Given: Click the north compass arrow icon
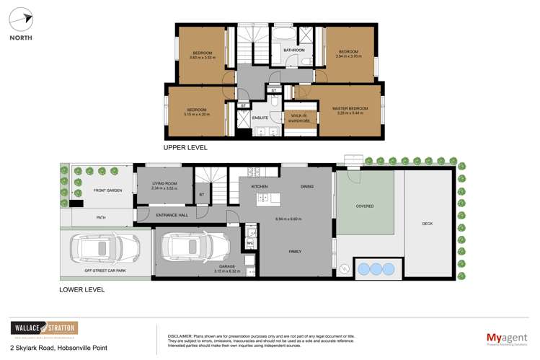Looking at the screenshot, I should click(21, 19).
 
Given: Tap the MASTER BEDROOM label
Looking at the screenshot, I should click(350, 108).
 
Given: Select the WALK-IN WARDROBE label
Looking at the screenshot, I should click(298, 118).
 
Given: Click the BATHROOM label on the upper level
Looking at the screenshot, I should click(294, 51).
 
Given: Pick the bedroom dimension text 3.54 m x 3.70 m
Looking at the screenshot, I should click(348, 56).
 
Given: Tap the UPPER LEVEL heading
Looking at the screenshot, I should click(185, 147).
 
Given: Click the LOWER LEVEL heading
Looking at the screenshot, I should click(82, 289).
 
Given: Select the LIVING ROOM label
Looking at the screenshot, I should click(164, 184).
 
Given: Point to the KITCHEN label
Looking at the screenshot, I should click(260, 187).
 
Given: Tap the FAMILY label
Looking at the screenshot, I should click(295, 252).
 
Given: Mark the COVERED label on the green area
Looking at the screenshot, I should click(365, 206).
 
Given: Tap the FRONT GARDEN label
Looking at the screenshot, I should click(107, 190).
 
